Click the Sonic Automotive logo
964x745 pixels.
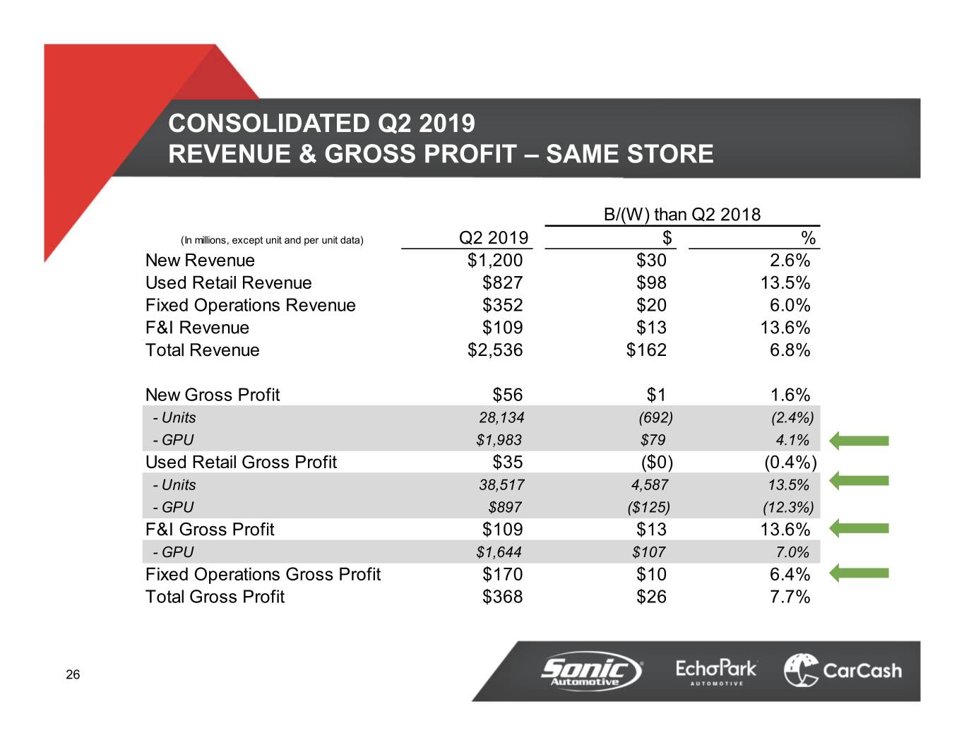point(591,670)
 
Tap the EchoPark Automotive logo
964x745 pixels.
point(715,671)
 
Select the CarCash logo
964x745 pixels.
point(843,670)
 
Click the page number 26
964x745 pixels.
point(73,675)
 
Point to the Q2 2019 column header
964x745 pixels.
point(493,238)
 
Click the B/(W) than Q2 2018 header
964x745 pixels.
point(682,215)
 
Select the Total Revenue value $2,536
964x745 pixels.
point(495,350)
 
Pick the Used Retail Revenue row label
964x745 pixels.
point(228,283)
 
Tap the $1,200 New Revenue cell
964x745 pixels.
point(495,261)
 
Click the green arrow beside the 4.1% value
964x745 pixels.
point(859,441)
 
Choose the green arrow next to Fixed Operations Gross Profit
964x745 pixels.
point(859,573)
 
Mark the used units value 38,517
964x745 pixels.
point(501,485)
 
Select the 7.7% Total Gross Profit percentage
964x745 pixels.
point(790,597)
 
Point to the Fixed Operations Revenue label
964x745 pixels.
point(250,306)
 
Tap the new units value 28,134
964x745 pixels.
point(501,418)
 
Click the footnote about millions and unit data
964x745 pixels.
point(272,240)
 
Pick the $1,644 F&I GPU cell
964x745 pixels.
point(499,552)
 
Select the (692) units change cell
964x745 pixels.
point(655,418)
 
